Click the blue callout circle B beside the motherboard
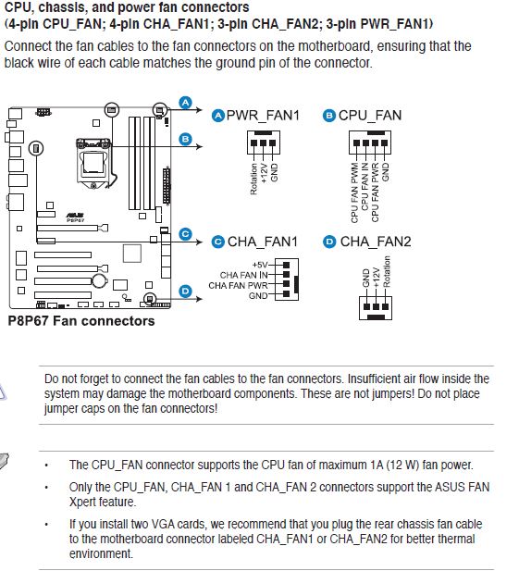tap(186, 139)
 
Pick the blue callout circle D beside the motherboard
tap(186, 292)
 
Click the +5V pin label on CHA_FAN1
tap(260, 265)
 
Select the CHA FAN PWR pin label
tap(238, 285)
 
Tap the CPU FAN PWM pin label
tap(355, 192)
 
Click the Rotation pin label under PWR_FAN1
tap(253, 179)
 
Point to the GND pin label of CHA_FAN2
tap(366, 278)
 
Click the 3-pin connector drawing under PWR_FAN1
tap(264, 143)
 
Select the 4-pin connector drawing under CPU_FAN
tap(370, 143)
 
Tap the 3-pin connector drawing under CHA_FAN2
tap(376, 308)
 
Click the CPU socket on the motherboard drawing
tap(93, 163)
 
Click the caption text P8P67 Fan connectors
tap(81, 321)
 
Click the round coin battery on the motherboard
tap(99, 280)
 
